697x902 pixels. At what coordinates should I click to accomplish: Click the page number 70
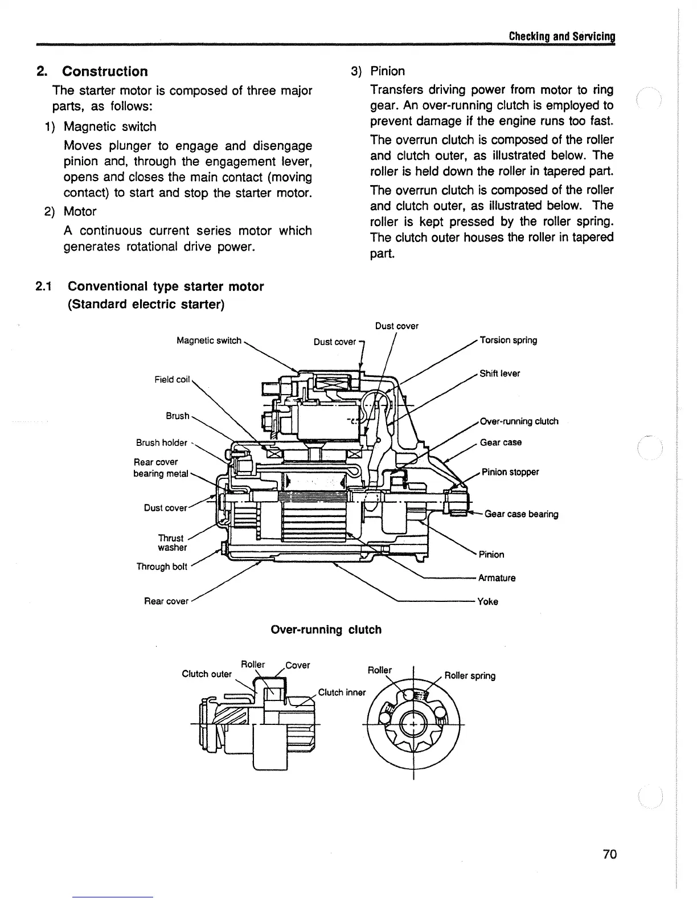click(609, 854)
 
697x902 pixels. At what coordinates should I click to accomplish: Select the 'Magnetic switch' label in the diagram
click(209, 341)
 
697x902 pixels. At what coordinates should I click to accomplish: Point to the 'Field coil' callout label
click(172, 379)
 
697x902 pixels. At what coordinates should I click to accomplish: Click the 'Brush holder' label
click(161, 442)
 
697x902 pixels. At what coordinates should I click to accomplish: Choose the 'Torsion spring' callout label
click(509, 340)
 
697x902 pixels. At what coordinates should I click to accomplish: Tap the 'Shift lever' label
click(499, 374)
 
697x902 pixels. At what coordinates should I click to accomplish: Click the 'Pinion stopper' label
click(510, 472)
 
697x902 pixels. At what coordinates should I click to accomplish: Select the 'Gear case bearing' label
click(521, 514)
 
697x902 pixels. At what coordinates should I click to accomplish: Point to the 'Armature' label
click(497, 578)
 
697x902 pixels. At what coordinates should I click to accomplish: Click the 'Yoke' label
click(488, 601)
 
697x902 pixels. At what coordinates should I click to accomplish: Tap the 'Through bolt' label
click(162, 567)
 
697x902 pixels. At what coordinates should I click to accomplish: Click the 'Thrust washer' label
click(172, 543)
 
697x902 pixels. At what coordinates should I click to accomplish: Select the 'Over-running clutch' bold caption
click(326, 630)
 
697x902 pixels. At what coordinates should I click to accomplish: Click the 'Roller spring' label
click(470, 676)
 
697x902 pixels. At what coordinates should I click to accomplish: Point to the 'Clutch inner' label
click(342, 692)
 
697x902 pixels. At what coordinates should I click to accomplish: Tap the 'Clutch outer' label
click(207, 674)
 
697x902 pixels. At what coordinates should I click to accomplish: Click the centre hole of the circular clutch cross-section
click(412, 724)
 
